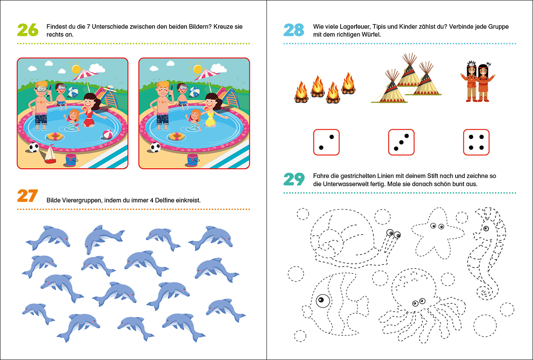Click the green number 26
point(27,30)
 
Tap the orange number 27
point(27,196)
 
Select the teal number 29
point(294,179)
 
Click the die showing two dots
point(326,142)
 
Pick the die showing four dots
point(476,142)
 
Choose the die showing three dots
point(401,142)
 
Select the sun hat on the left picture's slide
point(111,88)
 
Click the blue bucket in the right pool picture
point(193,160)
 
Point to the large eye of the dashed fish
point(321,300)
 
